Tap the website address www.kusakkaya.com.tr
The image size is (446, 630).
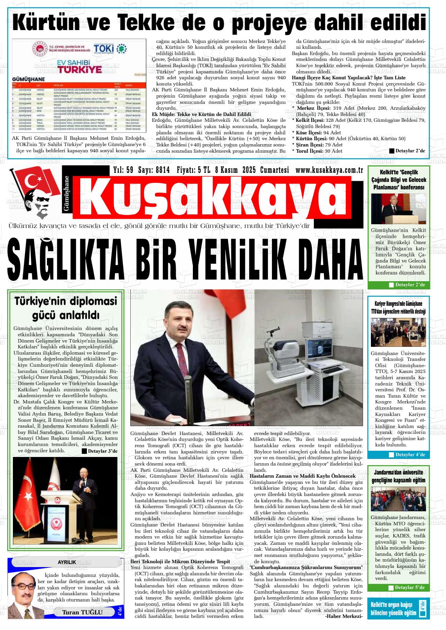coord(329,170)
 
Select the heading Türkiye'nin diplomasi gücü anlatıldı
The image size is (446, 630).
coord(66,308)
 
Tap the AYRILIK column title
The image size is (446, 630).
coord(67,562)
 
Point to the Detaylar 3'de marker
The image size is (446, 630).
coord(100,452)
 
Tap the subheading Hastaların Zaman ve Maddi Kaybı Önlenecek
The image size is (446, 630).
coord(302,476)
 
